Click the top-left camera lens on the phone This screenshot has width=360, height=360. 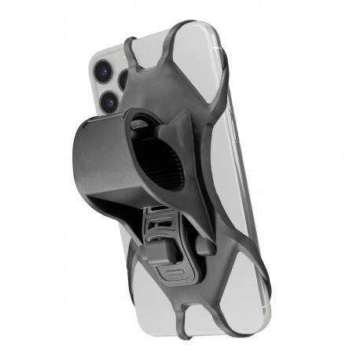[103, 70]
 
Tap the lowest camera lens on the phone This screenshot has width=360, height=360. [107, 101]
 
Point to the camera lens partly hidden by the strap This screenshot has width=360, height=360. [127, 80]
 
